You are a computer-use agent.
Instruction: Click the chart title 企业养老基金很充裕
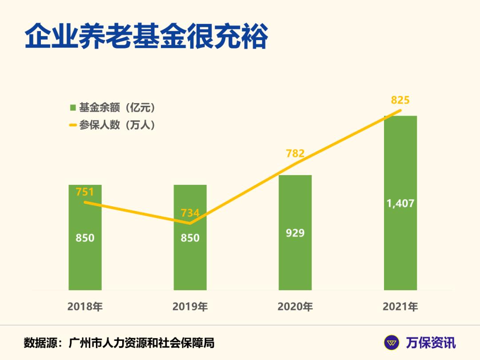click(x=146, y=37)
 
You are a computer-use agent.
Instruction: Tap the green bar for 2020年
click(x=295, y=262)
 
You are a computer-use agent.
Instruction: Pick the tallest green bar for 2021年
click(x=400, y=249)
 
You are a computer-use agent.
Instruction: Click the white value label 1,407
click(x=400, y=204)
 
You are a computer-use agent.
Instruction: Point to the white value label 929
click(x=295, y=232)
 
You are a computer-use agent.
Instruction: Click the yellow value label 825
click(x=400, y=100)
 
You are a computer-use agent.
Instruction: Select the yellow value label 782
click(x=295, y=154)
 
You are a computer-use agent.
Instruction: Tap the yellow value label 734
click(x=190, y=213)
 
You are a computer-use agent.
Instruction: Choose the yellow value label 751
click(x=85, y=192)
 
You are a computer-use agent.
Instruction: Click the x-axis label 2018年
click(x=85, y=307)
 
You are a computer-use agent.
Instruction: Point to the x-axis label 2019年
click(x=190, y=307)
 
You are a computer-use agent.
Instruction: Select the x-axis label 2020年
click(x=295, y=307)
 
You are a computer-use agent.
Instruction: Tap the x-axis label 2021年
click(x=400, y=307)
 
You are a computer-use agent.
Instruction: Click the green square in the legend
click(x=73, y=108)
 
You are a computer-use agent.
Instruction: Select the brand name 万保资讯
click(x=430, y=343)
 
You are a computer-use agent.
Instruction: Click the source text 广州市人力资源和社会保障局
click(x=142, y=343)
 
